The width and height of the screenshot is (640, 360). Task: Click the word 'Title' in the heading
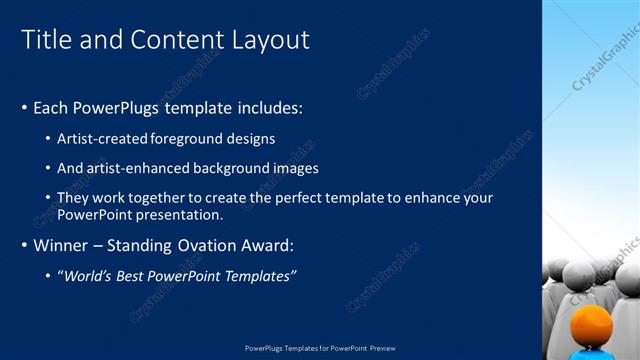(x=45, y=39)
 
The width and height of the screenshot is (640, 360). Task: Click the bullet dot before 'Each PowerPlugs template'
(x=24, y=107)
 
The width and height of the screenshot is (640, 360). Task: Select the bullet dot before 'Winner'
(x=24, y=245)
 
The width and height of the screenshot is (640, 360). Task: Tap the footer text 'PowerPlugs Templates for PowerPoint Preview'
(x=320, y=347)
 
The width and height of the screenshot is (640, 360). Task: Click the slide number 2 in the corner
(x=590, y=347)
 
